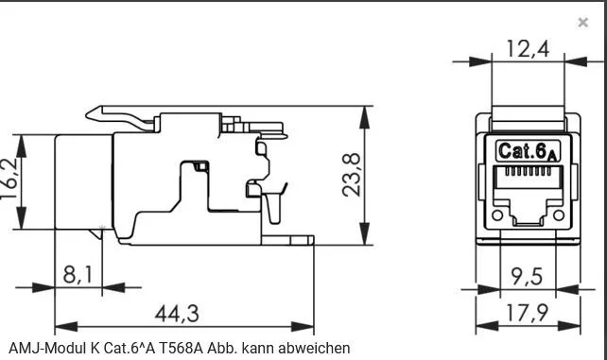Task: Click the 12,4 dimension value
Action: (x=527, y=49)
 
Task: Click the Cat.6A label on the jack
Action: (x=528, y=150)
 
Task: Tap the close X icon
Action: (x=582, y=23)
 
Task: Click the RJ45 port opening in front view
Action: (x=528, y=198)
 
